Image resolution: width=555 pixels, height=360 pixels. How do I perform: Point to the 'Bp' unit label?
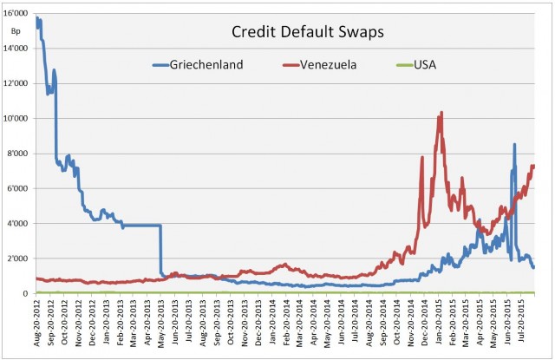click(16, 31)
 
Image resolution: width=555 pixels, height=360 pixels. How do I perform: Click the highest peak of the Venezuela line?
click(441, 112)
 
